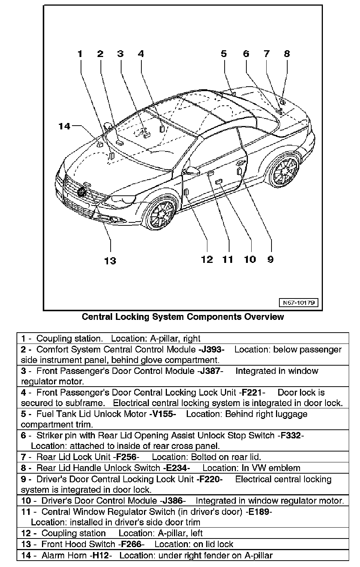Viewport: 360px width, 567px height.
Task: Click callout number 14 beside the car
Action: [64, 126]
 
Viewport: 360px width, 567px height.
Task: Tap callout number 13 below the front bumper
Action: [110, 261]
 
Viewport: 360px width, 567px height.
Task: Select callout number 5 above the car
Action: [224, 54]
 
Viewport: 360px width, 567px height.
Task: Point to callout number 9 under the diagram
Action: [270, 259]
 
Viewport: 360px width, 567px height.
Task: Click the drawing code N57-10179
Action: [298, 302]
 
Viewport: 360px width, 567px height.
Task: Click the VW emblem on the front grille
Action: [81, 192]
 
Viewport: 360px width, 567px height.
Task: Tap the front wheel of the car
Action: [162, 215]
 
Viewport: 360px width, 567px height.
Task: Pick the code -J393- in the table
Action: [211, 349]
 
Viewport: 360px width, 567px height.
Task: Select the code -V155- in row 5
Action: [162, 414]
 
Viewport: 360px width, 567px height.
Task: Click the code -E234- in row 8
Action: [176, 468]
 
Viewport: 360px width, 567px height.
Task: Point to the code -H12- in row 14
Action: [100, 555]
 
